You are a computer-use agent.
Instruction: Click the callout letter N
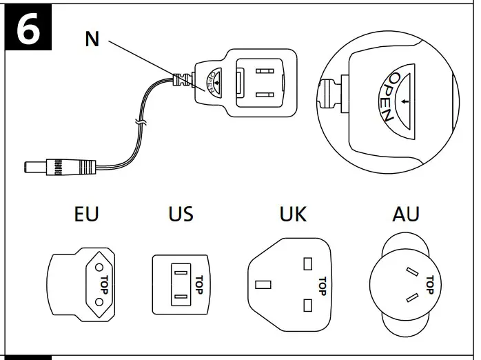click(x=92, y=39)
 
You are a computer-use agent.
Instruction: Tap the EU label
click(x=86, y=214)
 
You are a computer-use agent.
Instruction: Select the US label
click(x=181, y=214)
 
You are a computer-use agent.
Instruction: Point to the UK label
click(x=293, y=214)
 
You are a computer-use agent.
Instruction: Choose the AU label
click(x=405, y=214)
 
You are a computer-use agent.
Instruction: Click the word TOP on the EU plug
click(x=104, y=283)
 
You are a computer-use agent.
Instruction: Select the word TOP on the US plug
click(x=198, y=282)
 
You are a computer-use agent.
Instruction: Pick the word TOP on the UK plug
click(x=321, y=283)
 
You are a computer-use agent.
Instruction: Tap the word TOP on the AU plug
click(x=430, y=283)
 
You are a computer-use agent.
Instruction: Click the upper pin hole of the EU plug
click(x=99, y=266)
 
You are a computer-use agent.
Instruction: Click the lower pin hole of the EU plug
click(x=99, y=301)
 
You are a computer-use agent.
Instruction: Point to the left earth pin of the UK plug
click(x=263, y=284)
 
